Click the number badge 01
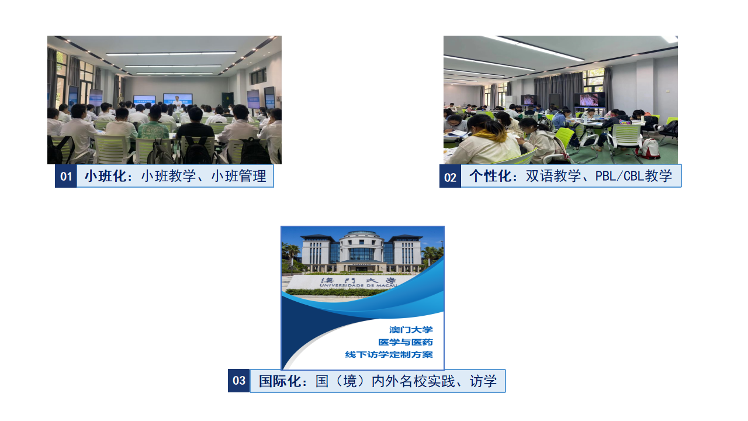pyautogui.click(x=66, y=176)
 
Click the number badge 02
pyautogui.click(x=450, y=176)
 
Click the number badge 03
pyautogui.click(x=239, y=381)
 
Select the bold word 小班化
pyautogui.click(x=106, y=176)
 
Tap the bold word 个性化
pyautogui.click(x=490, y=176)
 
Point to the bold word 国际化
pyautogui.click(x=280, y=381)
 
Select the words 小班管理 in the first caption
pyautogui.click(x=239, y=176)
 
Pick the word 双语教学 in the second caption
pyautogui.click(x=553, y=176)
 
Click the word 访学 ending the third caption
pyautogui.click(x=483, y=381)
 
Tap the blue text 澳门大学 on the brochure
pyautogui.click(x=411, y=330)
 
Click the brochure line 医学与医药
pyautogui.click(x=406, y=342)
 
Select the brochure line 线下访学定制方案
pyautogui.click(x=389, y=354)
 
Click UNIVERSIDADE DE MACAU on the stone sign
pyautogui.click(x=358, y=286)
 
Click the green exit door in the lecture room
pyautogui.click(x=227, y=101)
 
